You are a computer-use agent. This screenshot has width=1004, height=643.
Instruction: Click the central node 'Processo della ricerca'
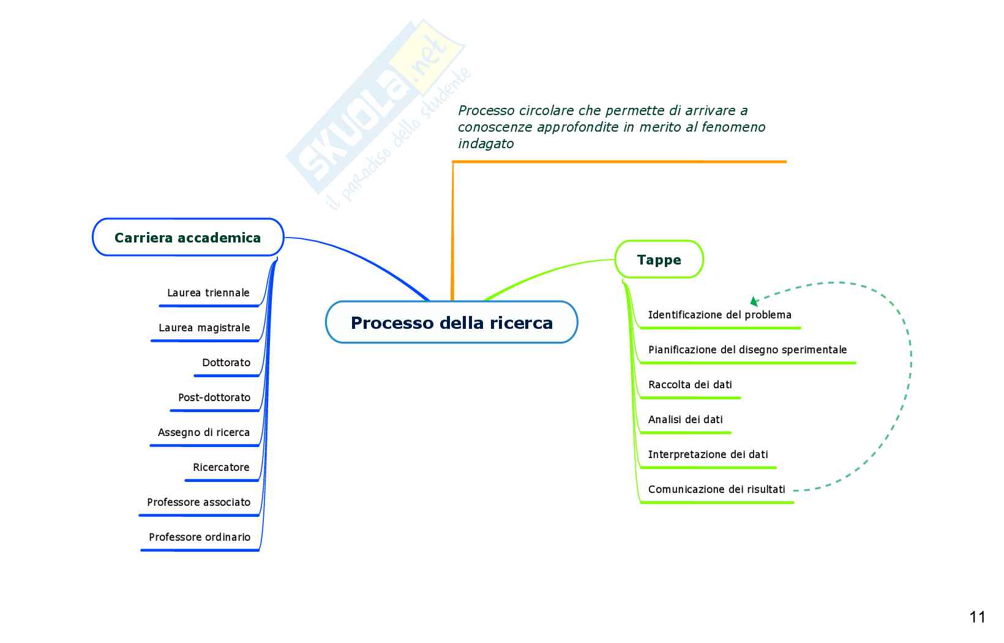(451, 323)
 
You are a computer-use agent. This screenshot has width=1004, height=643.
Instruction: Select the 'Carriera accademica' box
(187, 238)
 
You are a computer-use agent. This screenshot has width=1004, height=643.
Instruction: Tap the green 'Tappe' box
(659, 260)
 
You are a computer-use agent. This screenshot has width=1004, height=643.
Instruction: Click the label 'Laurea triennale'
(208, 293)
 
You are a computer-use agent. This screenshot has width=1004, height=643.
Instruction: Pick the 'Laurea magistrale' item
(204, 328)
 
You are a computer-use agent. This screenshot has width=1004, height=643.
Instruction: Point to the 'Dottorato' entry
(226, 363)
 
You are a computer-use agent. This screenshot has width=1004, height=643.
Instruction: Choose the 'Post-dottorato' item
(214, 397)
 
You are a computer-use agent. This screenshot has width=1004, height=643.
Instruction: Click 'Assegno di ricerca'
(203, 432)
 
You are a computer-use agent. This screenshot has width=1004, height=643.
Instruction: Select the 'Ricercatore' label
(221, 467)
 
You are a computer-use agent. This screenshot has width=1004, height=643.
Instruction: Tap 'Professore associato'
(198, 502)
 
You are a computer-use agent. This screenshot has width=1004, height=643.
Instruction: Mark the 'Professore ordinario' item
(200, 537)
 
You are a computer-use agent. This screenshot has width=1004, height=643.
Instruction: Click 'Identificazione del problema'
(719, 315)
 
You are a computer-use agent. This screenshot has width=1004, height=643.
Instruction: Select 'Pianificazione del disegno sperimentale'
(747, 350)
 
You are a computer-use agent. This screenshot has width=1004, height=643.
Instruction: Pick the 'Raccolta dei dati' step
(690, 385)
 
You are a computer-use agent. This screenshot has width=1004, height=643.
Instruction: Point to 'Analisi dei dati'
(685, 419)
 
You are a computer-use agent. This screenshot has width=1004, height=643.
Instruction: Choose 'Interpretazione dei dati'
(708, 454)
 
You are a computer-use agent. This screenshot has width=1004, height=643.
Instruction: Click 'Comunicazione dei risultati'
(716, 489)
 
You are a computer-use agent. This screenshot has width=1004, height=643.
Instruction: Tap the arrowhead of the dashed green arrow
(754, 301)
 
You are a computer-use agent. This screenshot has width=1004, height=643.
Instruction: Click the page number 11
(977, 617)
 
